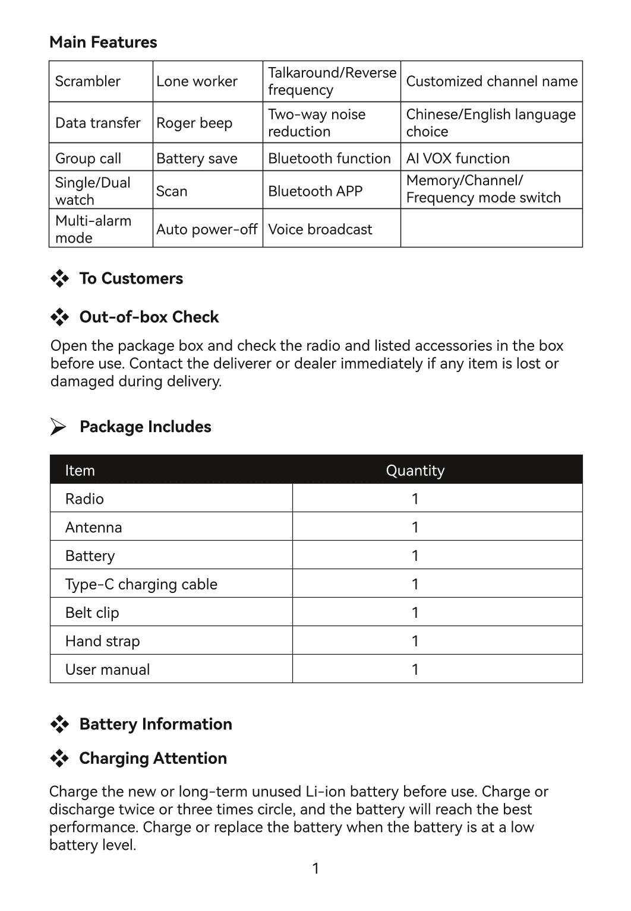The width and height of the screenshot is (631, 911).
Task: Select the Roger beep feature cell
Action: tap(194, 123)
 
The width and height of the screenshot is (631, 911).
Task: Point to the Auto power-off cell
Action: tap(207, 229)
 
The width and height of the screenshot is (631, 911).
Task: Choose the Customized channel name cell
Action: tap(491, 81)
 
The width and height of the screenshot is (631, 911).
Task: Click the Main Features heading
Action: tap(103, 42)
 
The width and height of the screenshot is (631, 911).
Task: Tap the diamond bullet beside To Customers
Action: tap(59, 278)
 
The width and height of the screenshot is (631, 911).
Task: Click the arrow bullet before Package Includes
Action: tap(58, 427)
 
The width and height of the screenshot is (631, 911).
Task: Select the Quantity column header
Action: tap(415, 471)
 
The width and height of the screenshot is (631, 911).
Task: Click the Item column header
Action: tap(80, 471)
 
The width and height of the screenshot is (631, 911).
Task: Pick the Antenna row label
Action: tap(93, 527)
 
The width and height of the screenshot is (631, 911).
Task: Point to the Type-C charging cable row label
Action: tap(141, 584)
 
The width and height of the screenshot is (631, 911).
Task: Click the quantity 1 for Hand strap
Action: tap(415, 641)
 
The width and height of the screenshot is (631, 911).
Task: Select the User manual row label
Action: tap(108, 669)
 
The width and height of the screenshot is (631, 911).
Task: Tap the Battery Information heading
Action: tap(156, 724)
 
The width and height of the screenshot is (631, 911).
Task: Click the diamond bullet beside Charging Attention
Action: tap(59, 758)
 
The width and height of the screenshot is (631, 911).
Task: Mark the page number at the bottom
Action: tap(315, 869)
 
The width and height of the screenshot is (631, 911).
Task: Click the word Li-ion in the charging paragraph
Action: tap(326, 792)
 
